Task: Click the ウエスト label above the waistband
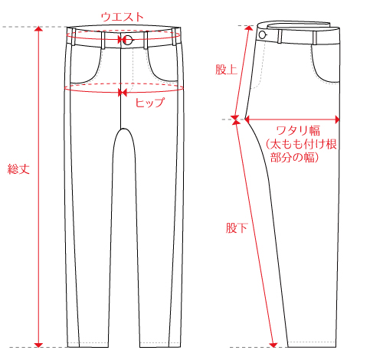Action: point(123,17)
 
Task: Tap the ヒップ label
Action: point(150,103)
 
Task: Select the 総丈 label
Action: point(18,169)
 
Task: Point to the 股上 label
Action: point(226,70)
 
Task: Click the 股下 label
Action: point(237,227)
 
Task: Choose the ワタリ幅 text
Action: point(298,130)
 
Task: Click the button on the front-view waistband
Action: point(129,40)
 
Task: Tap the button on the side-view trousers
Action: point(262,34)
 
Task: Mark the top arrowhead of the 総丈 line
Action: point(38,28)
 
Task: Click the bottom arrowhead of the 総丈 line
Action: point(38,345)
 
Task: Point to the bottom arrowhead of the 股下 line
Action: point(273,345)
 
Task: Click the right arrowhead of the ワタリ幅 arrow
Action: point(337,119)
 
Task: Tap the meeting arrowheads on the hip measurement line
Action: point(123,93)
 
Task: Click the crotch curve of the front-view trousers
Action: point(124,129)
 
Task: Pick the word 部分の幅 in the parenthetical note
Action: point(293,158)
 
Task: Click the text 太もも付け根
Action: point(303,144)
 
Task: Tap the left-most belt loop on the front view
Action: point(74,37)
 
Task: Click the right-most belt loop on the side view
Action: point(315,38)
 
